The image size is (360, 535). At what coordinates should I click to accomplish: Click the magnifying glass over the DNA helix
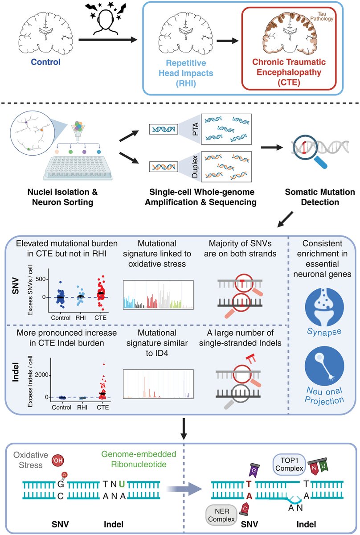click(x=311, y=152)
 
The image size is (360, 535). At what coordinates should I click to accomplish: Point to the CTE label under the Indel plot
click(x=102, y=407)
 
